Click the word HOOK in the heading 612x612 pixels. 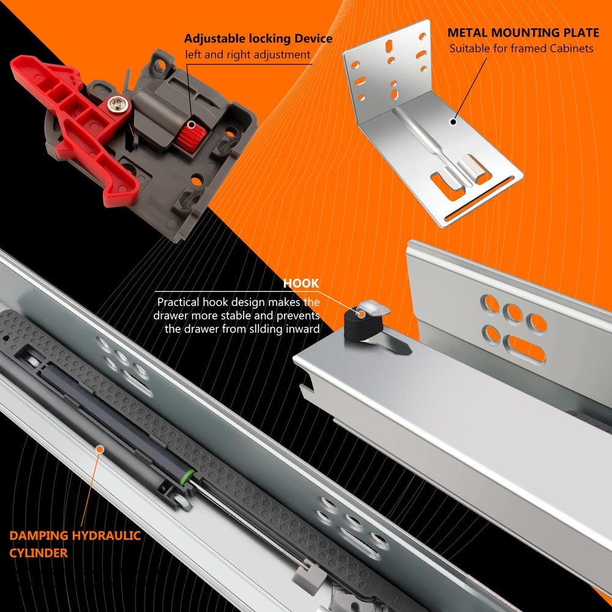pos(301,283)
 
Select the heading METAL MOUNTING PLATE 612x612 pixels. pos(523,33)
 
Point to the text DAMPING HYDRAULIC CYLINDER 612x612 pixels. pos(75,543)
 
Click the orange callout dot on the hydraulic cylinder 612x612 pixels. pos(100,449)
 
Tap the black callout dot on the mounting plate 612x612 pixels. pos(453,122)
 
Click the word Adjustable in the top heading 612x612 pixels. pos(215,39)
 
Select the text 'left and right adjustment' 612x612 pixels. pos(247,54)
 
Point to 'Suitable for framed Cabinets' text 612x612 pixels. pos(521,49)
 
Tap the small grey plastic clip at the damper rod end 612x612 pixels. pos(308,575)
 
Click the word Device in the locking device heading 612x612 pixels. pos(313,39)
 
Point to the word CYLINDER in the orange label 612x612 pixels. pos(38,553)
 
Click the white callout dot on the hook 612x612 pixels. pos(362,314)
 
